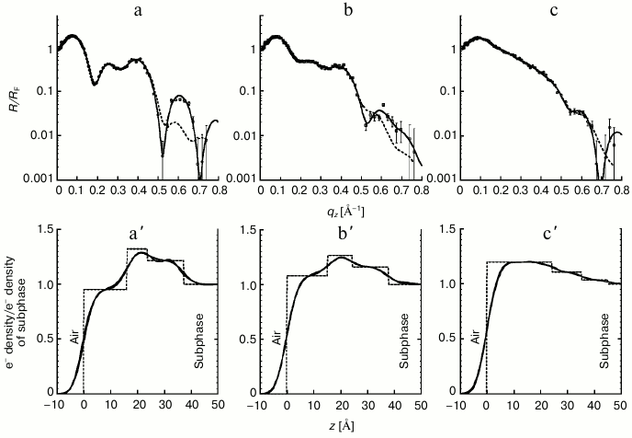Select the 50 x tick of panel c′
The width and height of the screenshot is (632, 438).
[x=622, y=402]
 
